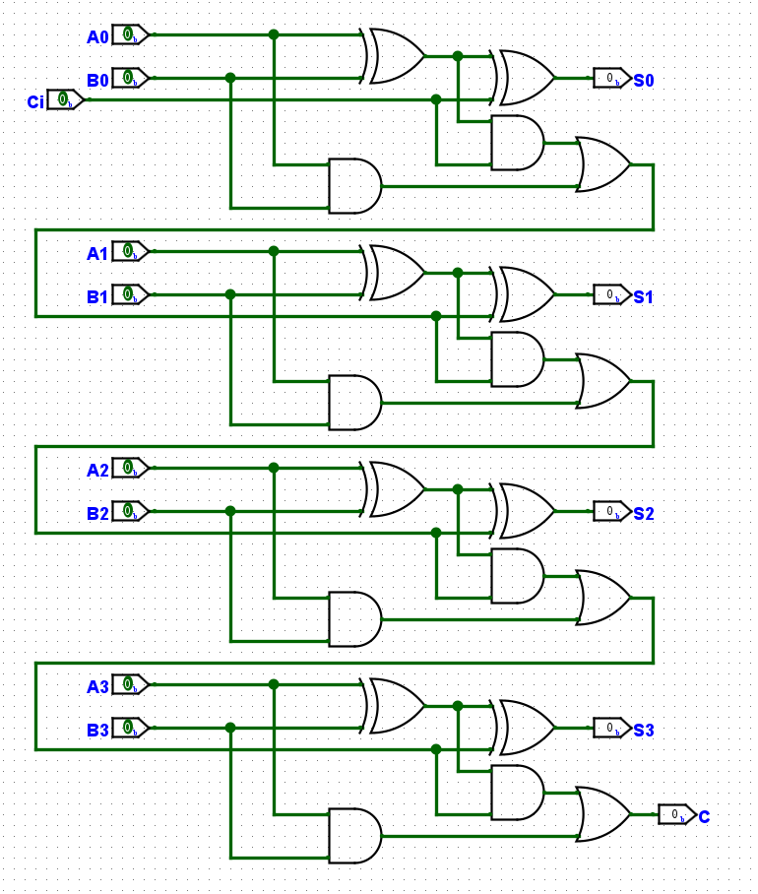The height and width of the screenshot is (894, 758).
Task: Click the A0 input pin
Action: pyautogui.click(x=129, y=34)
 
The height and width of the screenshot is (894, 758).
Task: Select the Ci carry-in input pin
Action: pyautogui.click(x=64, y=99)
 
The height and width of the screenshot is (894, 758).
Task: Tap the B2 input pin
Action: pyautogui.click(x=129, y=511)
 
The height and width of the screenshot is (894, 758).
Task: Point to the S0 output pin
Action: pyautogui.click(x=611, y=78)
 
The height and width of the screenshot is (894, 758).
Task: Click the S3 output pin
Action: pyautogui.click(x=611, y=728)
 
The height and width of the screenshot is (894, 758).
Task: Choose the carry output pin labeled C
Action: pyautogui.click(x=676, y=814)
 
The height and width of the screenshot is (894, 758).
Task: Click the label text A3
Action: pyautogui.click(x=97, y=686)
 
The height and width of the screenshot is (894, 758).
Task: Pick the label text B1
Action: pyautogui.click(x=97, y=296)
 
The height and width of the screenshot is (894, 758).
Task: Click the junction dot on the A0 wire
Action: pyautogui.click(x=274, y=34)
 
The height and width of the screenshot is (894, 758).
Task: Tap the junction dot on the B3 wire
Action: pyautogui.click(x=230, y=728)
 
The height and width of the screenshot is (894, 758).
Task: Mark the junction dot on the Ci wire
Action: pyautogui.click(x=436, y=99)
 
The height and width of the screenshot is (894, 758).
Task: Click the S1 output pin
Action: pyautogui.click(x=611, y=294)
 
